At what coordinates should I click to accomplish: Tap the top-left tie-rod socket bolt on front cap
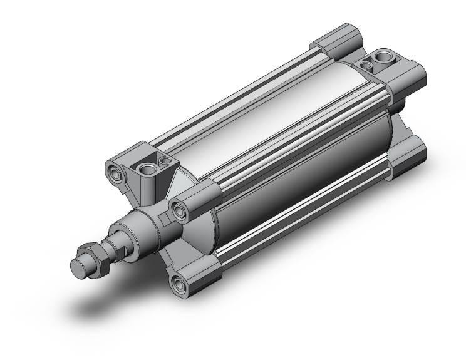114,172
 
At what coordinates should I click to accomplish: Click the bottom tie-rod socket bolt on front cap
183,285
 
